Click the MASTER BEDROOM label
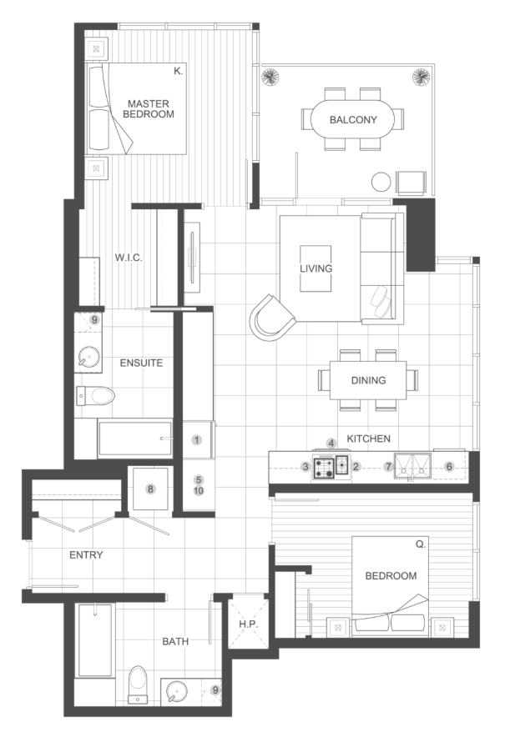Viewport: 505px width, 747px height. tap(149, 108)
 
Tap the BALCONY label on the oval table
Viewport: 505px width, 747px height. tap(353, 119)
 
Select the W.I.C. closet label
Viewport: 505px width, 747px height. tap(129, 258)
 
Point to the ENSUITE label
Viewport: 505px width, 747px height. tap(141, 363)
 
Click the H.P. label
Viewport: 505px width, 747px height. tap(249, 624)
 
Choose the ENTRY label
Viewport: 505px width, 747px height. tap(86, 555)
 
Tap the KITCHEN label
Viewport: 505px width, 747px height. tap(369, 439)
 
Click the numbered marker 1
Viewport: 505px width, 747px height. tap(197, 440)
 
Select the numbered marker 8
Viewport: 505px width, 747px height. tap(151, 489)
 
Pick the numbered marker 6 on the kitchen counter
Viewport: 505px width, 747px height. tap(449, 467)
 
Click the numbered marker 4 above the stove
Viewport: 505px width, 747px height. tap(331, 444)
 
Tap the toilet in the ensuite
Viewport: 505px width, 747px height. tap(95, 395)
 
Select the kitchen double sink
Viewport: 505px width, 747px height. tap(412, 466)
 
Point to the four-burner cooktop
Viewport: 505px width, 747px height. tap(324, 467)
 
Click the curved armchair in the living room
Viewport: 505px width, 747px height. tap(273, 318)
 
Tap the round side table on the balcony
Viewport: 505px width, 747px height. tap(381, 182)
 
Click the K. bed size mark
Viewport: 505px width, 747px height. tap(179, 72)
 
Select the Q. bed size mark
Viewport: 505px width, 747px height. tap(421, 544)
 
